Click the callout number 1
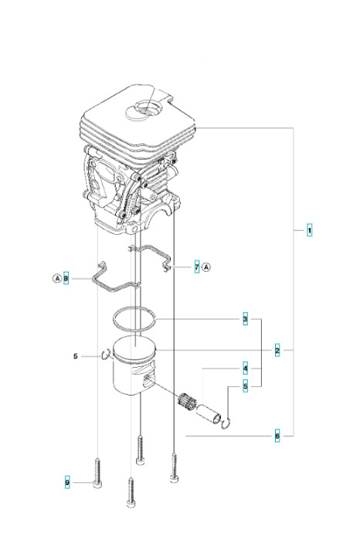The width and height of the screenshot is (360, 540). point(309,230)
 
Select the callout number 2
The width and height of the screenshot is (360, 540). point(277,350)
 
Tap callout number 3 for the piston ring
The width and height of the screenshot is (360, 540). point(245,319)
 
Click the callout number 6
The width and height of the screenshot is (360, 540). point(277,436)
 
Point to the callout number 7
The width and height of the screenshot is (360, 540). point(197,267)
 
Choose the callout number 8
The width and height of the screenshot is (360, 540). point(66,277)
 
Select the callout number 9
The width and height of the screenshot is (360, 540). point(67,482)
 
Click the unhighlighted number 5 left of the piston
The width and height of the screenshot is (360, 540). point(75,356)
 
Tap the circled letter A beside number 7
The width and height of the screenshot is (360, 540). point(207,267)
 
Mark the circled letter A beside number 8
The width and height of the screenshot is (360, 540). point(56,277)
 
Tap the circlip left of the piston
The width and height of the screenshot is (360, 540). point(107,355)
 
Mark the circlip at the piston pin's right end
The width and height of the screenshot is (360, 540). point(224,421)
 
